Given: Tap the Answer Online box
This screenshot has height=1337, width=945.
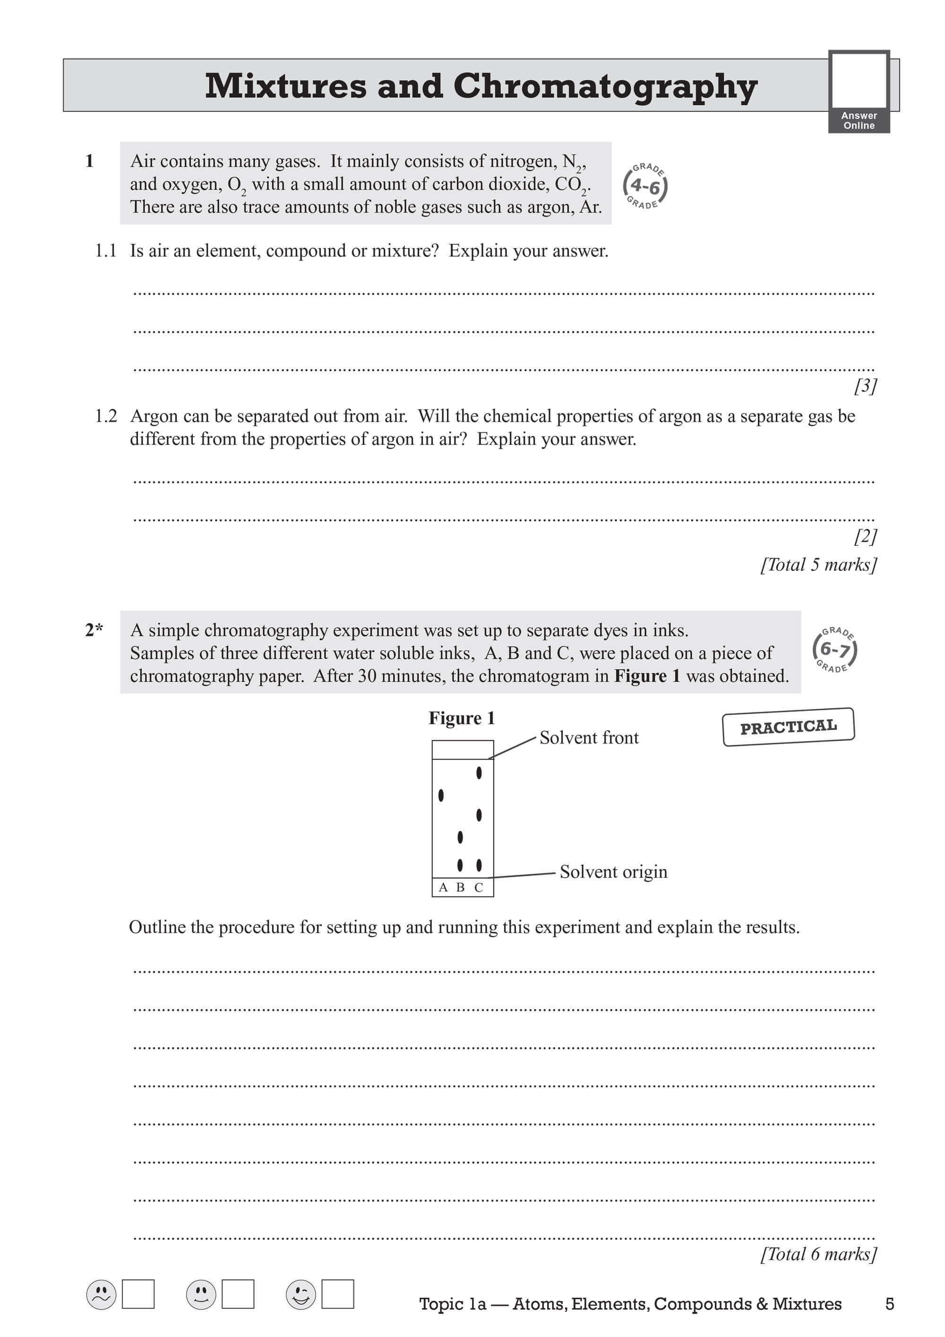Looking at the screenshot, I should [859, 91].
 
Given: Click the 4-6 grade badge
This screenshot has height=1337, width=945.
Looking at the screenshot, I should [645, 186].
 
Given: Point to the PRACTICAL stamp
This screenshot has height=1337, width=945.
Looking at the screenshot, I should [789, 727].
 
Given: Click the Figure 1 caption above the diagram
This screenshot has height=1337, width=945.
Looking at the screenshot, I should [461, 718].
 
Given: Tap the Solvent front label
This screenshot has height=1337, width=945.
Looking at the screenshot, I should [589, 738].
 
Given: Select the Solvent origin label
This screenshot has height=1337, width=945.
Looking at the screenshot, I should [613, 872].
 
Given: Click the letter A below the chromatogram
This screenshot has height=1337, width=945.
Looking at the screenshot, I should [443, 888].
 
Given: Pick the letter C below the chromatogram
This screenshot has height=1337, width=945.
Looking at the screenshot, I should [479, 888].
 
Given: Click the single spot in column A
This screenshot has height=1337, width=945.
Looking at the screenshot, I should [441, 795].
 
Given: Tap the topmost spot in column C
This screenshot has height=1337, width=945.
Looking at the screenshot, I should [479, 773].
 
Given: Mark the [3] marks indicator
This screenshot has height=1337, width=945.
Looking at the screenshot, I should [865, 386].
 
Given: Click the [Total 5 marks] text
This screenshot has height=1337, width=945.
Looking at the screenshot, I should [818, 564].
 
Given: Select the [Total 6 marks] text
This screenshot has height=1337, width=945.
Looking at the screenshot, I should [818, 1254].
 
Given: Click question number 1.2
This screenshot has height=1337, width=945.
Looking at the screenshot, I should [105, 416].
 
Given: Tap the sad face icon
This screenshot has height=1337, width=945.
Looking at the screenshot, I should [101, 1294].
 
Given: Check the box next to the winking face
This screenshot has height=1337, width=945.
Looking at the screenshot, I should [338, 1294].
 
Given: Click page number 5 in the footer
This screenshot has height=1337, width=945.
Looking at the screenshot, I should [889, 1304].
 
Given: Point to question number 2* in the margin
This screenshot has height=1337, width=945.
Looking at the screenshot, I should [94, 630].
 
